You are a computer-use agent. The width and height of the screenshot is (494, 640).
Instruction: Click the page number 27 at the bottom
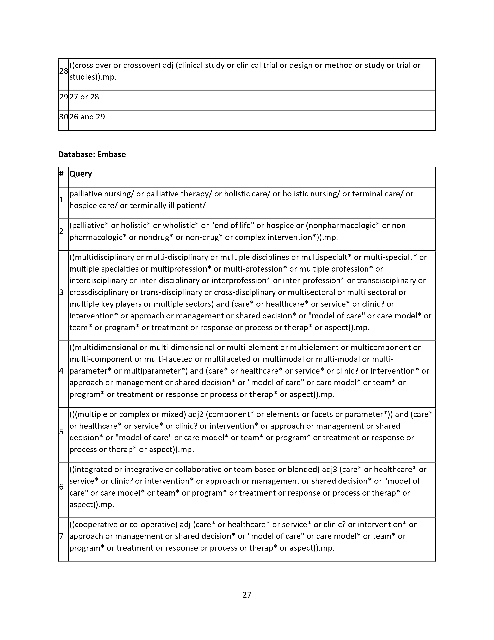coord(247,595)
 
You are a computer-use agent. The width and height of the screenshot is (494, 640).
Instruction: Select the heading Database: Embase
coord(92,154)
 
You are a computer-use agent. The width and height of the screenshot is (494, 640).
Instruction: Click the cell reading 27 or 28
coord(84,97)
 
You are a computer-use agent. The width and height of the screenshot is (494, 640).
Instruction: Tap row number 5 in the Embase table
coord(61,432)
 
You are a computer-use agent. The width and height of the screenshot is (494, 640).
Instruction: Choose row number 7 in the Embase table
coord(61,536)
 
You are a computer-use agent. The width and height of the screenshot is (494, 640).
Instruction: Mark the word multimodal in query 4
coord(279,359)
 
